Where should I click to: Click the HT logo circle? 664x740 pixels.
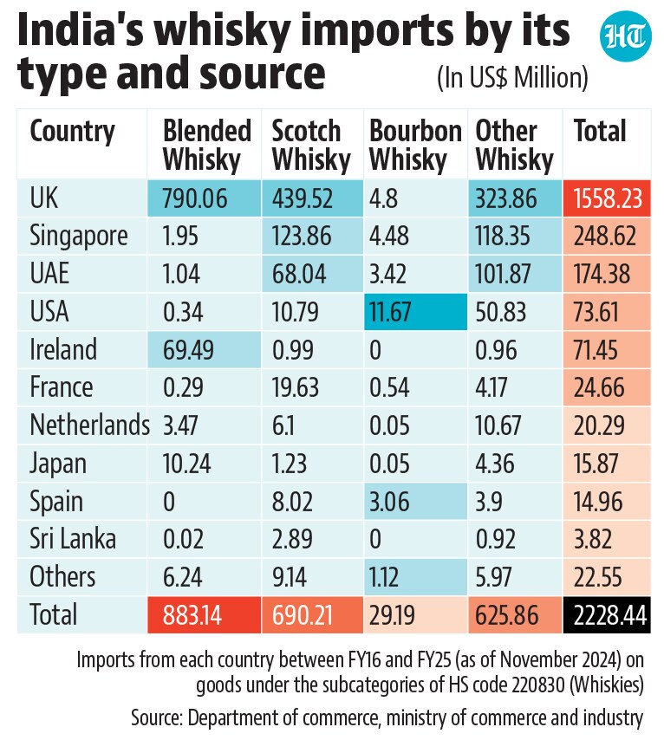pos(625,36)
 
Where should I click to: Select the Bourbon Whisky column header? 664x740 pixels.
pos(415,145)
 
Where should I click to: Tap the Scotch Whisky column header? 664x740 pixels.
pos(311,145)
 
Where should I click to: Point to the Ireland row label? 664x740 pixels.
pos(63,349)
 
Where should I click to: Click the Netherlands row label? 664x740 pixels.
pos(89,425)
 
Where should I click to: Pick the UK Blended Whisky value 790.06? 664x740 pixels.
pos(195,198)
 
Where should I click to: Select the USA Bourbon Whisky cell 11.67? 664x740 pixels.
pos(390,312)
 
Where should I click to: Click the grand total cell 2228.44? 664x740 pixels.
pos(609,615)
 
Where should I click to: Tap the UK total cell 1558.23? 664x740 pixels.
pos(609,198)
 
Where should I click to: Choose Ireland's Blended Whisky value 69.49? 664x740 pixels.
pos(188,350)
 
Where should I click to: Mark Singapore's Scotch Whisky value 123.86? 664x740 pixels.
pos(302,236)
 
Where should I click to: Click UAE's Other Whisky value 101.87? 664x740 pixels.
pos(503,274)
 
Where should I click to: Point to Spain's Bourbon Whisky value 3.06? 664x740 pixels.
pos(389,501)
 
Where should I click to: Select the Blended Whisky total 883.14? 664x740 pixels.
pos(192,615)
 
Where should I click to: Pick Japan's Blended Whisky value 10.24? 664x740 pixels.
pos(186,464)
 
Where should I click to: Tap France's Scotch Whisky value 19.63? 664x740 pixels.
pos(296,387)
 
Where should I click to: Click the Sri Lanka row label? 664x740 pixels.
pos(73,538)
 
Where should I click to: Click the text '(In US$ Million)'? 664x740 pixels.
pos(512,78)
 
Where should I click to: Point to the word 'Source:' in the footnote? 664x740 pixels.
pos(157,717)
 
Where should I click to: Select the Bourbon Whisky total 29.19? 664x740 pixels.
pos(392,615)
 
